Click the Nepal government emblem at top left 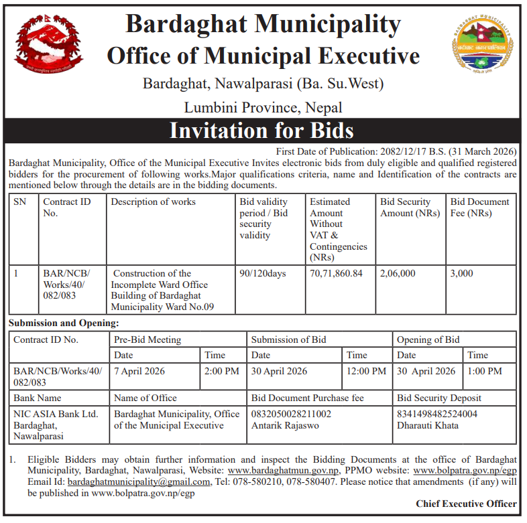(x=49, y=46)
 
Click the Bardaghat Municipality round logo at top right (x=479, y=45)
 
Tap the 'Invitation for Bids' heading (x=261, y=130)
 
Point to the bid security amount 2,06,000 (x=398, y=273)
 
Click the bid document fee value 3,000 (x=461, y=273)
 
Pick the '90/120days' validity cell (x=262, y=273)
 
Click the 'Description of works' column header (x=154, y=202)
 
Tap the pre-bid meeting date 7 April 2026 (x=139, y=371)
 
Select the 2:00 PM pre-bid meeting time (x=221, y=371)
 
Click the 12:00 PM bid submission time (x=366, y=371)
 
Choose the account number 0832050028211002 (x=291, y=414)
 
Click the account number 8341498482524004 (x=437, y=414)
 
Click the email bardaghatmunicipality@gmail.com (x=139, y=481)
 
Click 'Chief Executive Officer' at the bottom (x=466, y=504)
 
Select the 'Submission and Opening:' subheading (x=64, y=323)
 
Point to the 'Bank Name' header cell (x=38, y=398)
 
